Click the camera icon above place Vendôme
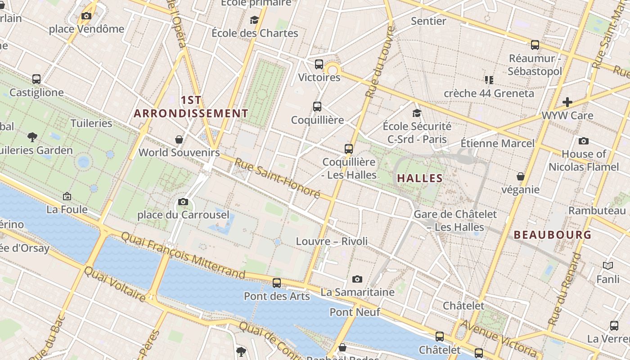pyautogui.click(x=86, y=16)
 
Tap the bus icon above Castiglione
pyautogui.click(x=36, y=79)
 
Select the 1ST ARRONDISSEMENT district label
pyautogui.click(x=191, y=107)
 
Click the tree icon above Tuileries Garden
pyautogui.click(x=32, y=137)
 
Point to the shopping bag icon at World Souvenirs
pyautogui.click(x=179, y=139)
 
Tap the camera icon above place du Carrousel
pyautogui.click(x=183, y=202)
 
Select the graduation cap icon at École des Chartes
pyautogui.click(x=254, y=20)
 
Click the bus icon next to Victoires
pyautogui.click(x=319, y=64)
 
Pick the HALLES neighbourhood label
pyautogui.click(x=420, y=179)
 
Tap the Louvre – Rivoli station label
pyautogui.click(x=332, y=241)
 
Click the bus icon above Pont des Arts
pyautogui.click(x=277, y=283)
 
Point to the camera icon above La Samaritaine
pyautogui.click(x=357, y=279)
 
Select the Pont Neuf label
pyautogui.click(x=355, y=312)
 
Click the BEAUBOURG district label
pyautogui.click(x=553, y=234)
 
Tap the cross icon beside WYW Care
pyautogui.click(x=567, y=102)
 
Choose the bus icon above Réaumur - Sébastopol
pyautogui.click(x=535, y=45)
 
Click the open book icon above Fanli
pyautogui.click(x=608, y=266)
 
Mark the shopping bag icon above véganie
pyautogui.click(x=521, y=176)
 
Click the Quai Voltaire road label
pyautogui.click(x=115, y=284)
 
